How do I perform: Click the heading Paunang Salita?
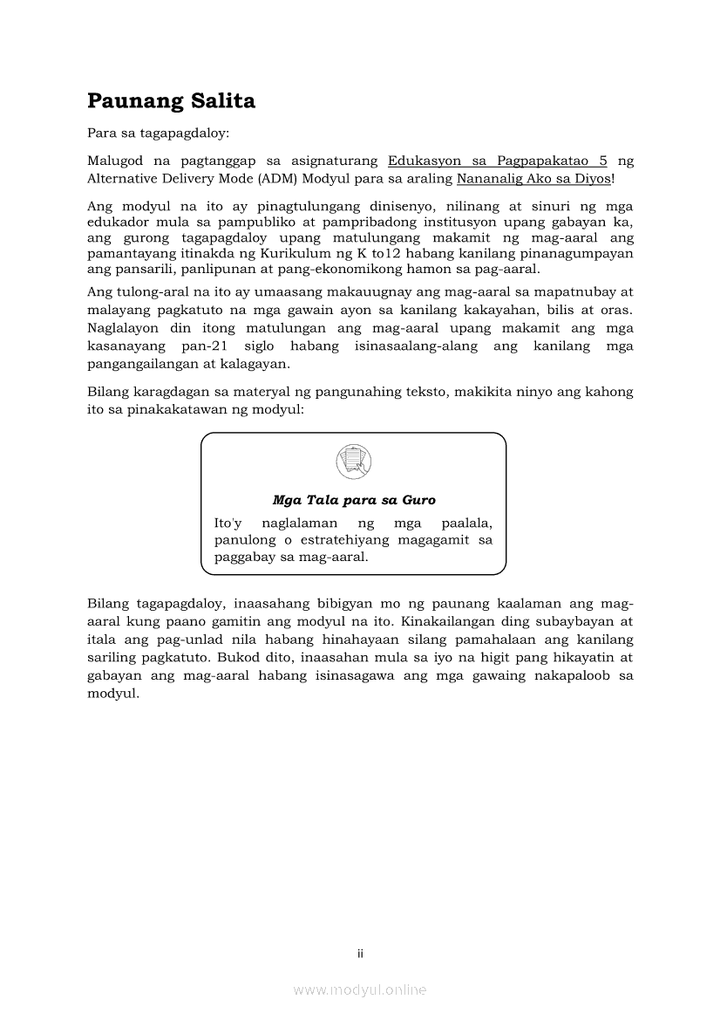click(x=171, y=101)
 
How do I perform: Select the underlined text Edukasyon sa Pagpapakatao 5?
click(x=497, y=161)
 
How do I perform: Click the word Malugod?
click(x=114, y=161)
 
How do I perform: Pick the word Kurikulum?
click(x=290, y=253)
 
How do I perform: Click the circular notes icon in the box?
click(x=353, y=461)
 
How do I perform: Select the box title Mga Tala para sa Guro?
click(x=354, y=500)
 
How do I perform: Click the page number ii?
click(x=360, y=953)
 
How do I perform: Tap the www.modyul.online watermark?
click(x=360, y=989)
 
